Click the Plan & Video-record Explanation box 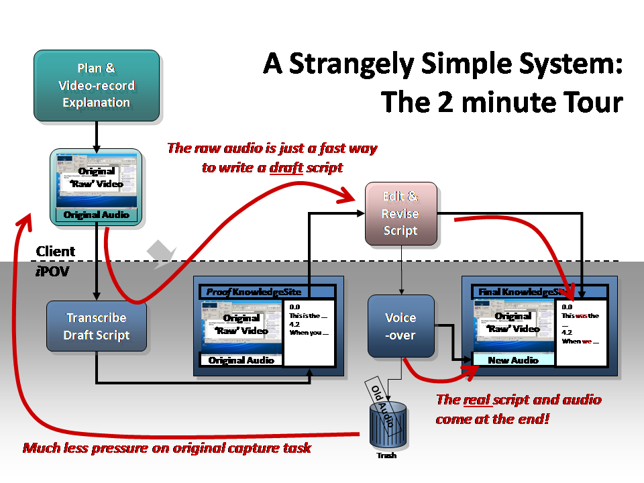click(97, 85)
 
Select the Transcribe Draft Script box click(96, 326)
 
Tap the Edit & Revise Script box click(400, 213)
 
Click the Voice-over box click(400, 326)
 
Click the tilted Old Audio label click(382, 400)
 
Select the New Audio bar click(513, 360)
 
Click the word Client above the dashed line click(56, 252)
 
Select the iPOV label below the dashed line click(50, 271)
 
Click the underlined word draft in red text click(286, 168)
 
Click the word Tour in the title click(591, 102)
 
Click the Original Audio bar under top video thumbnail click(96, 215)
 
